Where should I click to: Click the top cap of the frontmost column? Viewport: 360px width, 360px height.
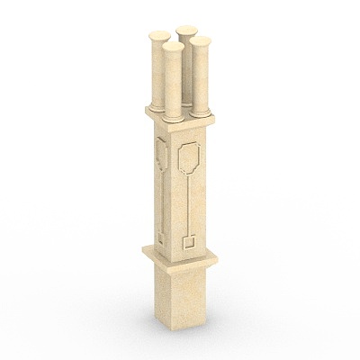[173, 41]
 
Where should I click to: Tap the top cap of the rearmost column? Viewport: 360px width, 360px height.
[186, 31]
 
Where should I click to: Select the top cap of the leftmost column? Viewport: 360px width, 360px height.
[158, 36]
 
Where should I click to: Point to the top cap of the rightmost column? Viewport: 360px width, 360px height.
[201, 40]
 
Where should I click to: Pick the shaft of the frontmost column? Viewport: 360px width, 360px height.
[173, 81]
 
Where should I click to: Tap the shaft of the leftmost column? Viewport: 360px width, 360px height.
[158, 72]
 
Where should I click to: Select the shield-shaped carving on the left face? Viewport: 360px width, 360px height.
[162, 154]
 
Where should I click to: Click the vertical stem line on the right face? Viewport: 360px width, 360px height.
[188, 202]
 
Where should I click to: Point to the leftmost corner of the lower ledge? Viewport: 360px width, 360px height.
[142, 249]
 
